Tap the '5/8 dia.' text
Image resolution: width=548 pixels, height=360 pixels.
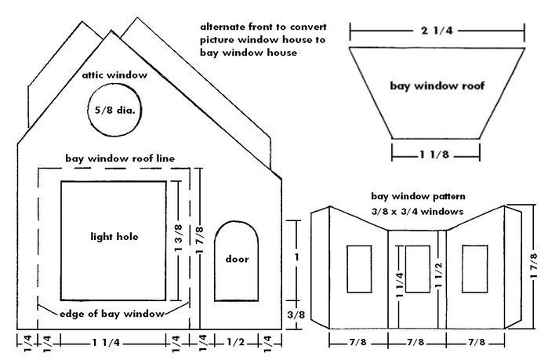click(x=115, y=111)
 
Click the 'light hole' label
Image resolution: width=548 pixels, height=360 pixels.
click(x=114, y=236)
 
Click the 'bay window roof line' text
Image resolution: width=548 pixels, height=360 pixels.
click(x=119, y=158)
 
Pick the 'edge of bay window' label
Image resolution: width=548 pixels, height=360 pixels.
click(x=112, y=313)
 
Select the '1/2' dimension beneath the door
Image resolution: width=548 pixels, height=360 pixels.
click(x=237, y=343)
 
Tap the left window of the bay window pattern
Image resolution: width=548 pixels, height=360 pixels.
click(x=359, y=265)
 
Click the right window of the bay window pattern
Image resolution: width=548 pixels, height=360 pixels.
click(x=475, y=265)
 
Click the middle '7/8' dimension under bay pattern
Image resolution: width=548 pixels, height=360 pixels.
click(x=416, y=343)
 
